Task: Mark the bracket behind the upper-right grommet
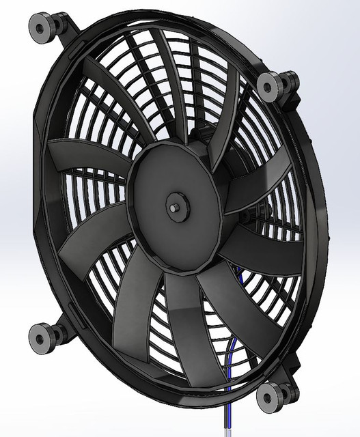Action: pos(290,89)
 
